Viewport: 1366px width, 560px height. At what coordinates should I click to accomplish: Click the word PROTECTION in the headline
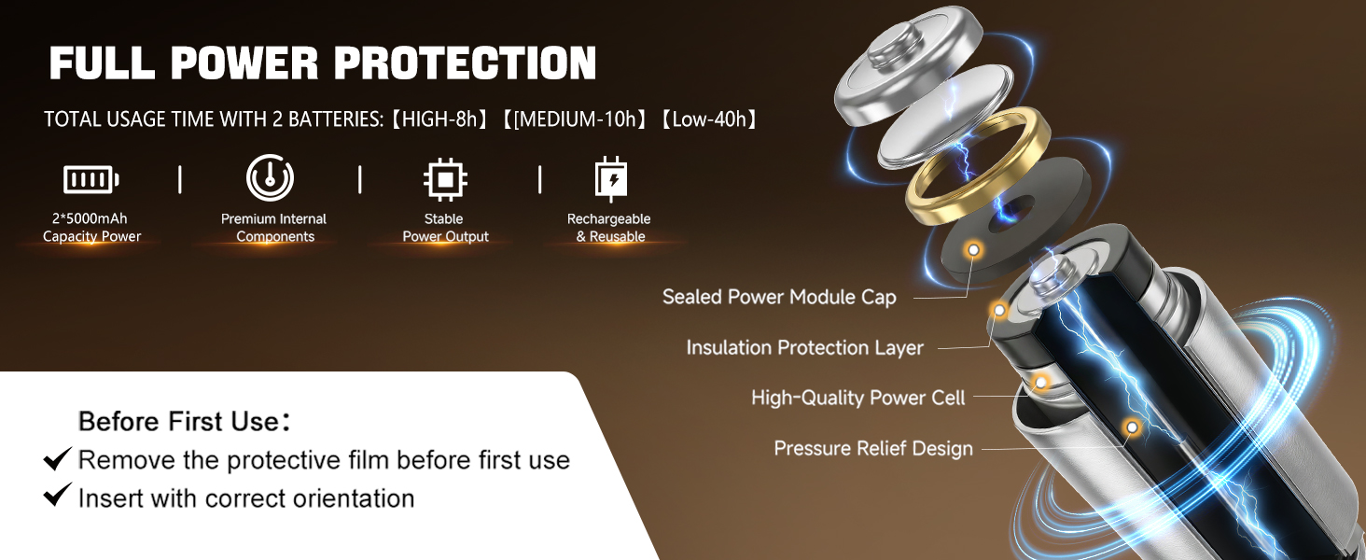click(x=465, y=63)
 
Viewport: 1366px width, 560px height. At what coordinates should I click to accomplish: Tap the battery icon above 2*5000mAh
click(x=91, y=179)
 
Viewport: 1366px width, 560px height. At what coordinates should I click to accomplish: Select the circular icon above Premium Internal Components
click(x=271, y=177)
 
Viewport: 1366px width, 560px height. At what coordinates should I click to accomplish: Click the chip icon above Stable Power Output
click(x=445, y=179)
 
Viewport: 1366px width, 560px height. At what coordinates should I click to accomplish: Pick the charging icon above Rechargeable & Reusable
click(x=610, y=179)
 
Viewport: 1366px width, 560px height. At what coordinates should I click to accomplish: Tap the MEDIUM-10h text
click(x=578, y=119)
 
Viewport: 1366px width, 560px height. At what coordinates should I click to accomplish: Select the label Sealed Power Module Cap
click(x=779, y=297)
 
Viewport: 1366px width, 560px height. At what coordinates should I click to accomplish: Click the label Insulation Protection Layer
click(x=804, y=348)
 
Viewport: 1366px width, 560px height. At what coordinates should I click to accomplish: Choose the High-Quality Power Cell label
click(x=857, y=398)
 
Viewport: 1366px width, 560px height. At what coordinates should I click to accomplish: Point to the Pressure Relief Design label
click(x=873, y=448)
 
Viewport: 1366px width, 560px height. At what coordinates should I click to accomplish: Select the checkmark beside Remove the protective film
click(x=58, y=458)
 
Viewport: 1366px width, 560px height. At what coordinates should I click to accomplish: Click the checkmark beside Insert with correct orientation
click(x=58, y=496)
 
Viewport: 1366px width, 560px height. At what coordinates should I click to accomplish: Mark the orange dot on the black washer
click(x=974, y=250)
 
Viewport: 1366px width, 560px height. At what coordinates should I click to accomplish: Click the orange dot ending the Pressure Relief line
click(x=1132, y=427)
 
